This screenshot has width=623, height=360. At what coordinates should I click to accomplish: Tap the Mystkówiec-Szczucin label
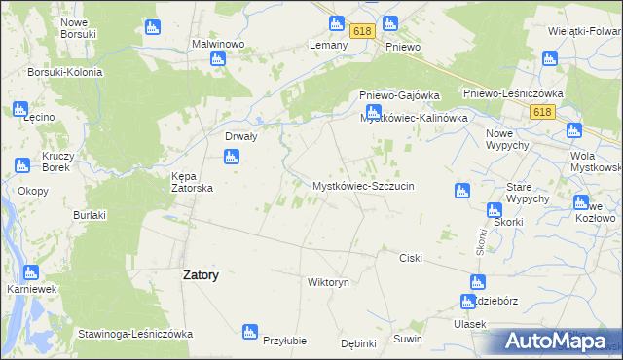(x=363, y=185)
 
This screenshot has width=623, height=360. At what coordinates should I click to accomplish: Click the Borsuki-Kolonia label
(x=65, y=72)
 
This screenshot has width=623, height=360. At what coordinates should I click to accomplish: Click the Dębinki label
(x=359, y=343)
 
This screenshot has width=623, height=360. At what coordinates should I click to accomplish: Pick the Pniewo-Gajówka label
(x=399, y=95)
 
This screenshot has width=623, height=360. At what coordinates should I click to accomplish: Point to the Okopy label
(x=32, y=191)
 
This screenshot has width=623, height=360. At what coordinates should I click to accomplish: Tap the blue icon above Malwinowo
(x=219, y=59)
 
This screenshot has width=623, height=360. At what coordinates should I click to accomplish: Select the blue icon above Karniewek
(x=30, y=273)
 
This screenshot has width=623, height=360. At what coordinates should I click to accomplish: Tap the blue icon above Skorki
(x=494, y=208)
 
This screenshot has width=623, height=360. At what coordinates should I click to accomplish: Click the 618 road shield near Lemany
(x=363, y=32)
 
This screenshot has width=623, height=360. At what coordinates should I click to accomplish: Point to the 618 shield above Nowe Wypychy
(x=542, y=113)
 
